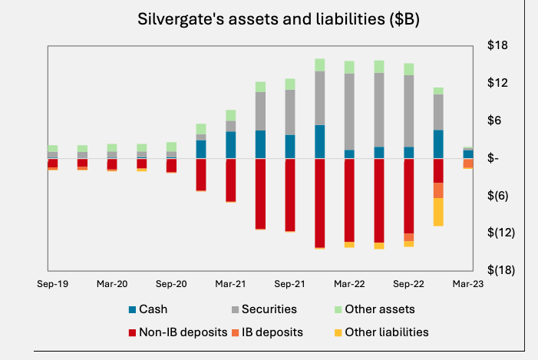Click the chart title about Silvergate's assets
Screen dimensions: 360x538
click(x=278, y=19)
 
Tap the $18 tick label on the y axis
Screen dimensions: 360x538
click(x=498, y=46)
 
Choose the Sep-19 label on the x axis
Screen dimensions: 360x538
click(x=52, y=284)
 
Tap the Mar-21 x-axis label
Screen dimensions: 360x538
click(x=230, y=284)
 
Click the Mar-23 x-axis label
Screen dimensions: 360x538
click(x=467, y=284)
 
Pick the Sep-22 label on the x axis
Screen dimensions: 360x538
click(x=408, y=284)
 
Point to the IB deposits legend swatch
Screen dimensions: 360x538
click(x=234, y=332)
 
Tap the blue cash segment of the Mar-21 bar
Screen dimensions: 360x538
click(x=230, y=145)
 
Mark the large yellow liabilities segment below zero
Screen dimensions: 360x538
click(x=438, y=212)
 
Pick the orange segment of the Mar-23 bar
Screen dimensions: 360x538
click(x=468, y=163)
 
